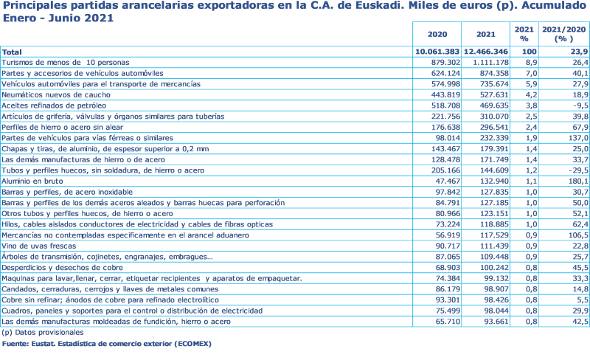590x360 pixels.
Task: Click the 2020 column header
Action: (437, 34)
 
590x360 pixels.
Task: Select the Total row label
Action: (11, 52)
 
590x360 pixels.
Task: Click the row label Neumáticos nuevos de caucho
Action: (55, 95)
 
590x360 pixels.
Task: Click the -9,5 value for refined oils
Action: (577, 105)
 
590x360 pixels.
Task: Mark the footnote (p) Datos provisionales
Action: (43, 332)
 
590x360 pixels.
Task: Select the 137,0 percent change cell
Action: (576, 138)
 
